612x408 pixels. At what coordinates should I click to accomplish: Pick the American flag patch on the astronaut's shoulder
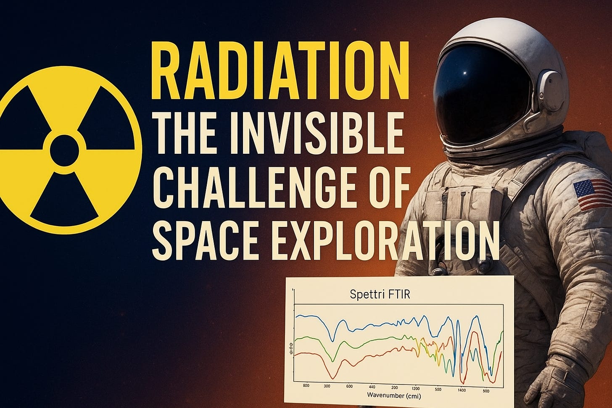593,194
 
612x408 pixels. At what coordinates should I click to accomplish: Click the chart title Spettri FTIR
380,294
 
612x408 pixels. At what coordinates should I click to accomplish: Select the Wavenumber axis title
393,395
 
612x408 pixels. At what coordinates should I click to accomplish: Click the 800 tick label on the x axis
306,385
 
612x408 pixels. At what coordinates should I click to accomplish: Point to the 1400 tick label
462,390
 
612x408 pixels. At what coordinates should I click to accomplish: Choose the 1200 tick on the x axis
415,388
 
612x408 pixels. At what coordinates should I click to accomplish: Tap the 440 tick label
372,387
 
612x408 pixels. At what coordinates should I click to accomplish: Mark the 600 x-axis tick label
349,386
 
